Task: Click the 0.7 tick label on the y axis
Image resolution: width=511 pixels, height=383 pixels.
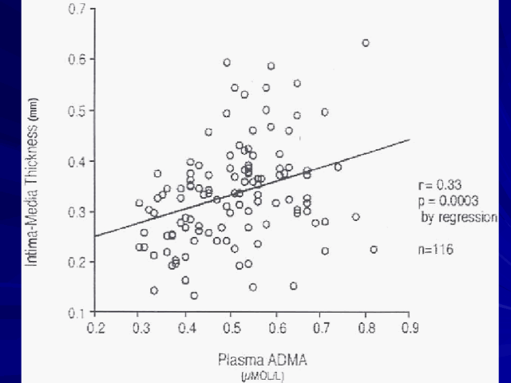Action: tap(78, 10)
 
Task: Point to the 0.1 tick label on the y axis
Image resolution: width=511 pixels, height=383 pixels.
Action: tap(78, 312)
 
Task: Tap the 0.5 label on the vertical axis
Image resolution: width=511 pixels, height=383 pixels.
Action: tap(78, 110)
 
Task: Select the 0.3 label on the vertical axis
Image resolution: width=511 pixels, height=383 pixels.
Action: tap(78, 211)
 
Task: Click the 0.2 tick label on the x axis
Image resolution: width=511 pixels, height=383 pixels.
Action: tap(96, 328)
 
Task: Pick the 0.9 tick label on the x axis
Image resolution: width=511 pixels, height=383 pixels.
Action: tap(410, 328)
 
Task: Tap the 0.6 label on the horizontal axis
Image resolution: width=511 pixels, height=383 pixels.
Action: tap(275, 328)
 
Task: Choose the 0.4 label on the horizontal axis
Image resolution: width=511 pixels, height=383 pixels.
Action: tap(186, 328)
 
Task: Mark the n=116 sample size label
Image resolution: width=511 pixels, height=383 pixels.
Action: tap(436, 249)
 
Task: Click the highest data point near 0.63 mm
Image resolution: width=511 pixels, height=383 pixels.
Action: tap(366, 43)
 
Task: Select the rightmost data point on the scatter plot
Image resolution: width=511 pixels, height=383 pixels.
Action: tap(374, 250)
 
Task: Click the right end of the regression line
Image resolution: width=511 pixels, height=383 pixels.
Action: tap(410, 140)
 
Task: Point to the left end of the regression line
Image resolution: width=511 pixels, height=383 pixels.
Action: tap(96, 236)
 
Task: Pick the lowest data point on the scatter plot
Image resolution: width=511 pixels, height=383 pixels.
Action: tap(194, 295)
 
